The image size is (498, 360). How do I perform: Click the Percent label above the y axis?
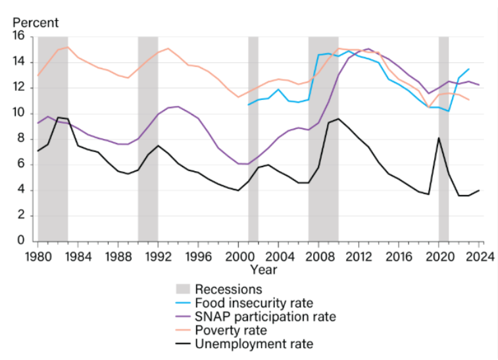click(x=36, y=23)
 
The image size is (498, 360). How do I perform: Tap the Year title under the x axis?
click(x=263, y=269)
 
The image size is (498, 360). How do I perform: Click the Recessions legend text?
click(x=228, y=289)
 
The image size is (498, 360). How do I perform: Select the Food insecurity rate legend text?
click(x=254, y=303)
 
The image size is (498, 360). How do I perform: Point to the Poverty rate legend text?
click(x=231, y=330)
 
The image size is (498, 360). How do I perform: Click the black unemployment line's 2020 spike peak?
click(x=439, y=138)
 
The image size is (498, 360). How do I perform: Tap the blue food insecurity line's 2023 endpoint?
click(x=469, y=69)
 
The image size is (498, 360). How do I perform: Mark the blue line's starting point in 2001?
click(x=249, y=105)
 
